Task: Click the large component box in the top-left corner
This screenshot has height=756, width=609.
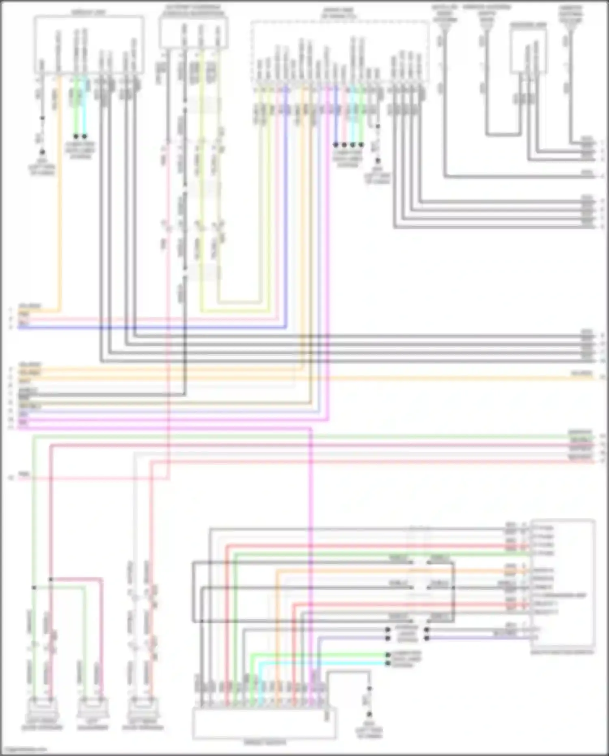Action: click(89, 45)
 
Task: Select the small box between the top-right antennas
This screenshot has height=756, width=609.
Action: click(527, 51)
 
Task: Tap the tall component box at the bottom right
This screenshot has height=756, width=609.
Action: click(563, 585)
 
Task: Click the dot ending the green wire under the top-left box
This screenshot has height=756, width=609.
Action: click(76, 136)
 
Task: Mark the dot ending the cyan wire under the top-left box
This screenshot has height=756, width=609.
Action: click(85, 136)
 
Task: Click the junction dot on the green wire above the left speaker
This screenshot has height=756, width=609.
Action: click(34, 587)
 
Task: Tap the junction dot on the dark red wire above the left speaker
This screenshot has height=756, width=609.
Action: click(51, 579)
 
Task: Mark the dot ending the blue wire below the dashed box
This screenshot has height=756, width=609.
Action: click(336, 145)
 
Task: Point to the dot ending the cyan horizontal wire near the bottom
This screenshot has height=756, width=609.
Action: click(388, 663)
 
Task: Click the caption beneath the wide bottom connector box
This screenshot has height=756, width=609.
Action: click(264, 743)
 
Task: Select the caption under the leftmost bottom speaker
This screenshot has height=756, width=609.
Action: click(42, 727)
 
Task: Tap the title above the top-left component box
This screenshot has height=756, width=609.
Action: click(89, 12)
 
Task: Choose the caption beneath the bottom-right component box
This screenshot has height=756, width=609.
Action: click(563, 652)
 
